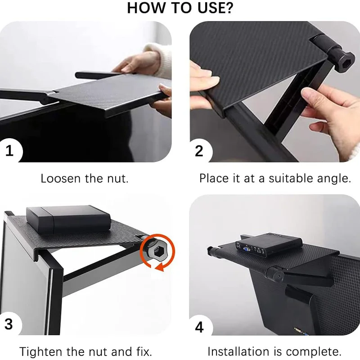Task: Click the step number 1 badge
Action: tap(9, 151)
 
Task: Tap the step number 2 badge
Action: tap(199, 151)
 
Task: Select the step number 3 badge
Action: tap(9, 324)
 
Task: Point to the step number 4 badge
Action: tap(199, 327)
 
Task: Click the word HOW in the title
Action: tap(146, 8)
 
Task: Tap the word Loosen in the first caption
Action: tap(60, 178)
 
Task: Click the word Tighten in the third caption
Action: tap(41, 351)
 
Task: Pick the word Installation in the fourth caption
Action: tap(238, 351)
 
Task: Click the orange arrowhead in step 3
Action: tap(160, 267)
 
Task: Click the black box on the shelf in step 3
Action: tap(68, 219)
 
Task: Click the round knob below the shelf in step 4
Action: tap(275, 275)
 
